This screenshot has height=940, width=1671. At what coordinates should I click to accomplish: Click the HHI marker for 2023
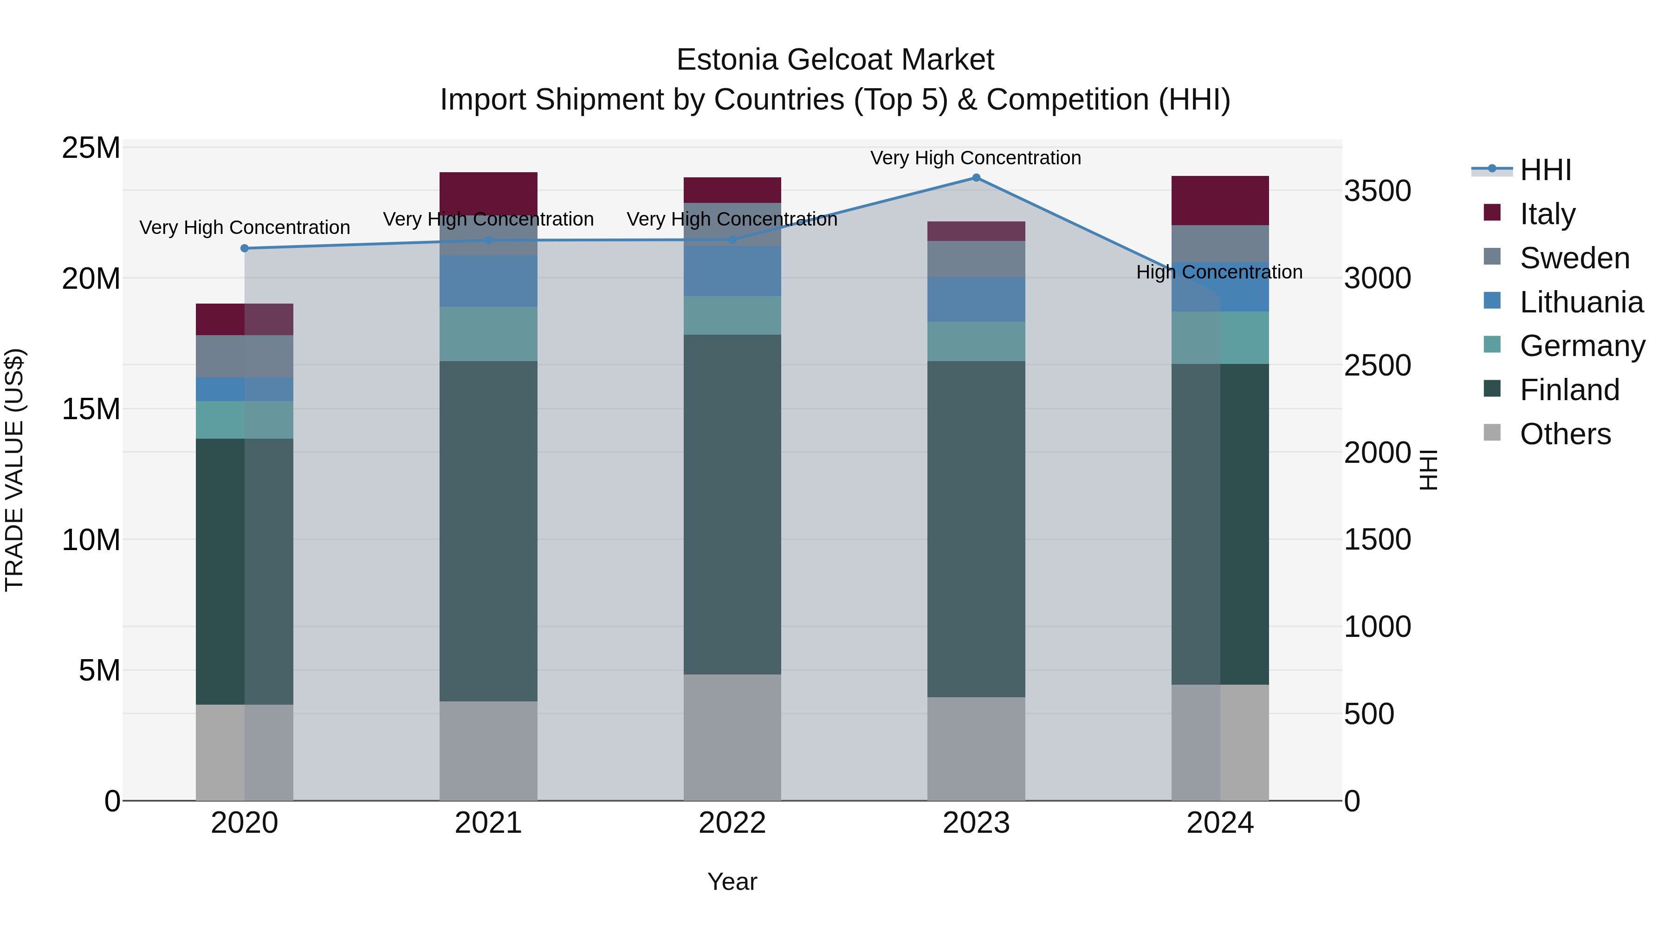click(976, 178)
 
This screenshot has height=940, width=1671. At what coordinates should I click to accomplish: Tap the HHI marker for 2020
click(245, 248)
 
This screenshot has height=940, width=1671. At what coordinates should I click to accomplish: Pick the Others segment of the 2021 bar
click(488, 751)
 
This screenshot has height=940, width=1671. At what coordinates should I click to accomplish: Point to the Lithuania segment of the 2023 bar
click(976, 300)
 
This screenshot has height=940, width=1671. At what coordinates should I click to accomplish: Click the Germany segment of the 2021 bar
click(488, 334)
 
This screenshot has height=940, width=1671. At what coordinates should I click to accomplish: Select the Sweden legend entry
click(1574, 258)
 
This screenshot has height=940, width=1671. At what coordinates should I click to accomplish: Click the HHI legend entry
click(1545, 170)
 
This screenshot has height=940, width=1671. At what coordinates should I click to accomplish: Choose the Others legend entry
click(1565, 434)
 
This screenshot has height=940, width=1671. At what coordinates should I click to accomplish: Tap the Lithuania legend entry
click(1581, 302)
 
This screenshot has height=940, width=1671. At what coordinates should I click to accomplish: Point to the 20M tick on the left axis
click(91, 279)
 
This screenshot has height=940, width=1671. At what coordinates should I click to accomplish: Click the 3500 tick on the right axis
click(1377, 191)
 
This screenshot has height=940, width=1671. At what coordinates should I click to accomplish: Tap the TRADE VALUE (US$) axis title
click(14, 470)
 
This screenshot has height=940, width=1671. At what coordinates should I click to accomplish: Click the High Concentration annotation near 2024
click(1219, 272)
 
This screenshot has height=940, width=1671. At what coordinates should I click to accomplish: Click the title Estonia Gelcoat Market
click(835, 60)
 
